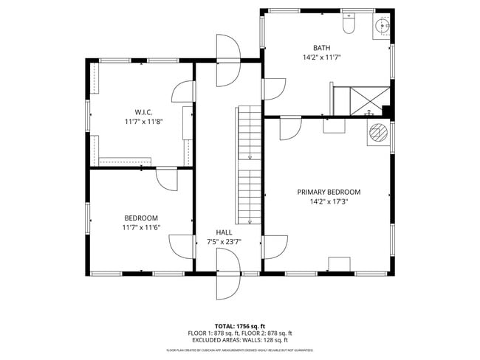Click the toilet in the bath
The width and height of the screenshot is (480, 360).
(x=349, y=27)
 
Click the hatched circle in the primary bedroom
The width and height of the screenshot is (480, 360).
(x=379, y=134)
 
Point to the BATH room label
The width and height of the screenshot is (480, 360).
(x=321, y=48)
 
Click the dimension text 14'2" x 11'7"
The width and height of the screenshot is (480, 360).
(x=321, y=58)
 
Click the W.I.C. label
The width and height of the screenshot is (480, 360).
(x=143, y=111)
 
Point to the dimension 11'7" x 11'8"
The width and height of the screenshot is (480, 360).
(x=143, y=121)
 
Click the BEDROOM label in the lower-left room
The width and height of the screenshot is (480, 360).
(x=141, y=218)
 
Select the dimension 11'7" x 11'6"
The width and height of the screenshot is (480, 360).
(x=141, y=227)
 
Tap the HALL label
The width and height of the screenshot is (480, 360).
(x=224, y=232)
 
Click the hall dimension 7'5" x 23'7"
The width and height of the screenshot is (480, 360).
(x=224, y=241)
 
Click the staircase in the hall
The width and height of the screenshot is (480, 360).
(x=249, y=166)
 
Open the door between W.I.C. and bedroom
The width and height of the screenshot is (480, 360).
(x=166, y=178)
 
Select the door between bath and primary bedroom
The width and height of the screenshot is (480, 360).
(x=289, y=127)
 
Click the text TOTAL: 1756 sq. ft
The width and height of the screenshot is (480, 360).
(x=239, y=325)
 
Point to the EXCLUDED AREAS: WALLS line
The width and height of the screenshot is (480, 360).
(x=239, y=340)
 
